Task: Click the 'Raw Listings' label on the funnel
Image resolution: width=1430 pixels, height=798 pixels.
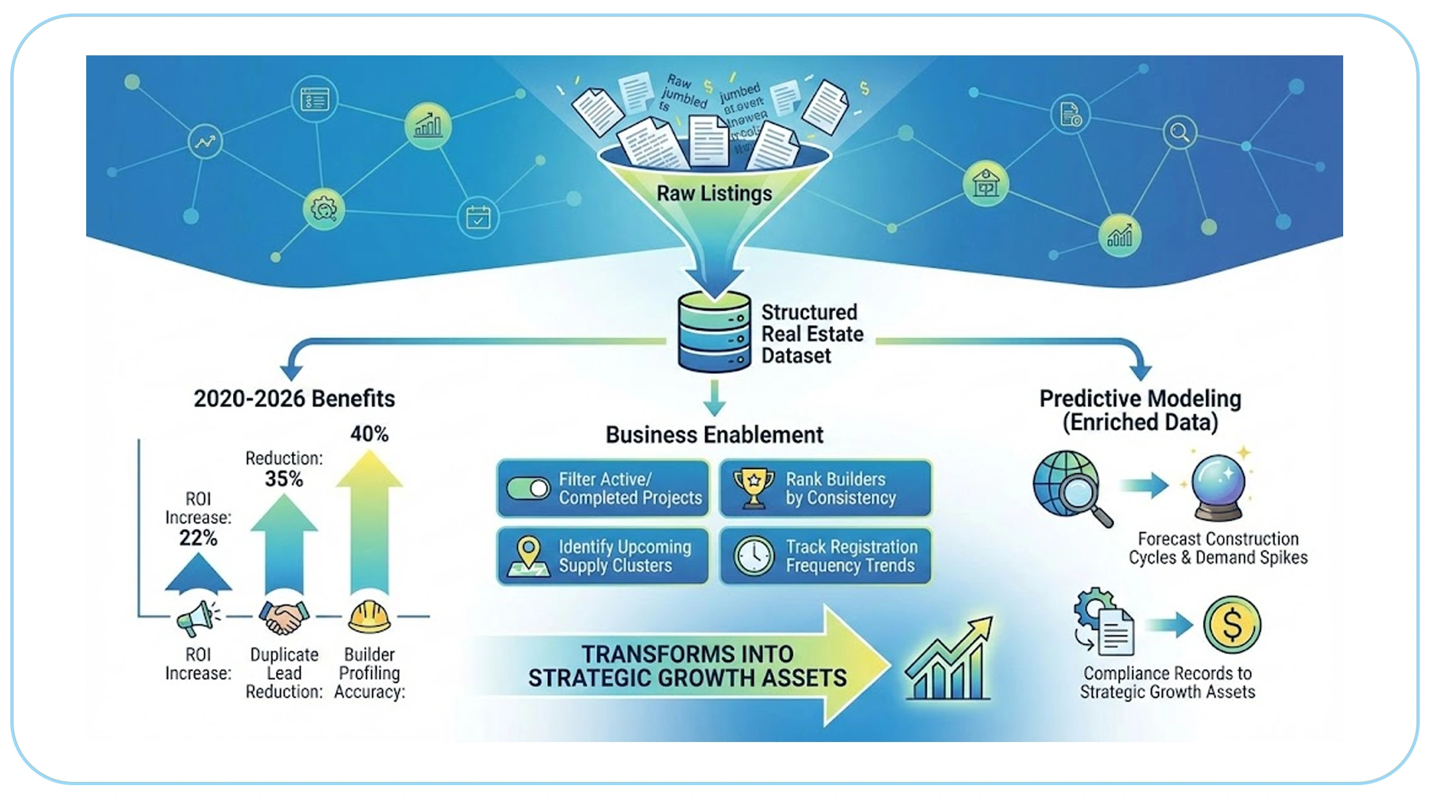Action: tap(714, 193)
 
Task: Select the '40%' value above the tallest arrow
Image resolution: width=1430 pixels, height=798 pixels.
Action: tap(369, 434)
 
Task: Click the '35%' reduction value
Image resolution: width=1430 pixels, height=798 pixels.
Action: tap(284, 479)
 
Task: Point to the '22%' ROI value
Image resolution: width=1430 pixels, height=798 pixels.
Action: tap(198, 538)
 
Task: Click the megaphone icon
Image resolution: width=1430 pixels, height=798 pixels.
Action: tap(197, 618)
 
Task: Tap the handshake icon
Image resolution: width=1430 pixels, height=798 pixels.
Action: tap(284, 617)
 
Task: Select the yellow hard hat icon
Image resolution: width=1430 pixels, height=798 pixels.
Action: tap(369, 617)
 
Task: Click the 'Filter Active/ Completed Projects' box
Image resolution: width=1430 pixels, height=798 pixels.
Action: tap(603, 488)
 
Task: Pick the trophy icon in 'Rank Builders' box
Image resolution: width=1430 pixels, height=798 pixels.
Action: tap(753, 487)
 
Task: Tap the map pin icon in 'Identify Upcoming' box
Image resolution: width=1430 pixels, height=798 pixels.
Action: tap(529, 555)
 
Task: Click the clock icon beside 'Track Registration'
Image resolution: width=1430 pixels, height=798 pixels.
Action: tap(753, 556)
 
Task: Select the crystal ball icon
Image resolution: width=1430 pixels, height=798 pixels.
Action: tap(1218, 487)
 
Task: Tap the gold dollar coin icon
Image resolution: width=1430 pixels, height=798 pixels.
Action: tap(1232, 624)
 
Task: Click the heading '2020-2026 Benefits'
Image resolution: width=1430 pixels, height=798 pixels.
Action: tap(294, 398)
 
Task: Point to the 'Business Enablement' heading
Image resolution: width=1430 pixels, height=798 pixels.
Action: tap(714, 435)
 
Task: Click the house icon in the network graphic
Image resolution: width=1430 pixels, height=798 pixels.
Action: tap(985, 183)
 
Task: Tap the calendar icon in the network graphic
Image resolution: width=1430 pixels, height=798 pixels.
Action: tap(478, 218)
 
